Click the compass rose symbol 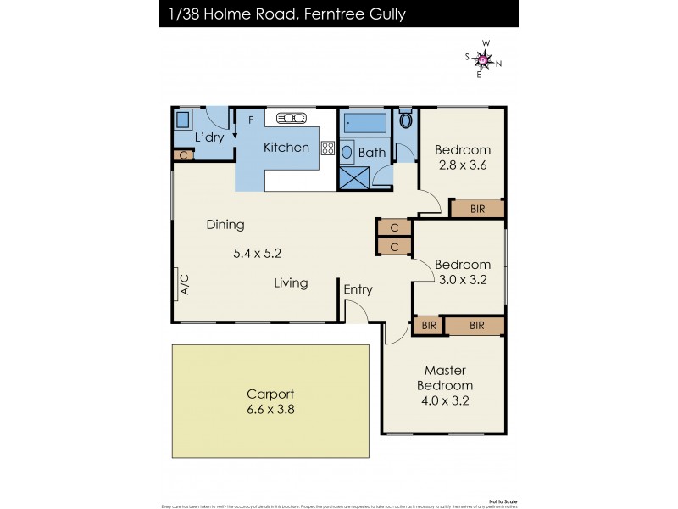(x=483, y=59)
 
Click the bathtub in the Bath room (x=365, y=124)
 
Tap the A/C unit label (x=183, y=285)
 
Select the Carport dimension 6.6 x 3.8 (x=270, y=409)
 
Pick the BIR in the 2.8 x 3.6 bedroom (x=477, y=208)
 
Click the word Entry (x=358, y=289)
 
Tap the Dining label (x=225, y=225)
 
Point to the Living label (x=291, y=282)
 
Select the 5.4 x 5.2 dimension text (x=257, y=253)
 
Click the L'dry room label (x=208, y=137)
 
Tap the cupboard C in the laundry (x=183, y=155)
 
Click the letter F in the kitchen (x=251, y=120)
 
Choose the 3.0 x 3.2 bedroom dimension (x=463, y=280)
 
